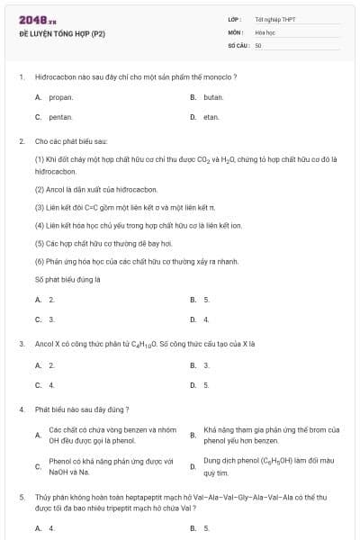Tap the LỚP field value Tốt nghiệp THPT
point(275,19)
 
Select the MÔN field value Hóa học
point(265,31)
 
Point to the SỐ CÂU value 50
point(258,44)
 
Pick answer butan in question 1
point(212,96)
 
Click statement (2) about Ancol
point(84,189)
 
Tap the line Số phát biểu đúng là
point(67,280)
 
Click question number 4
point(22,409)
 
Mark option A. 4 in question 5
point(45,528)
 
